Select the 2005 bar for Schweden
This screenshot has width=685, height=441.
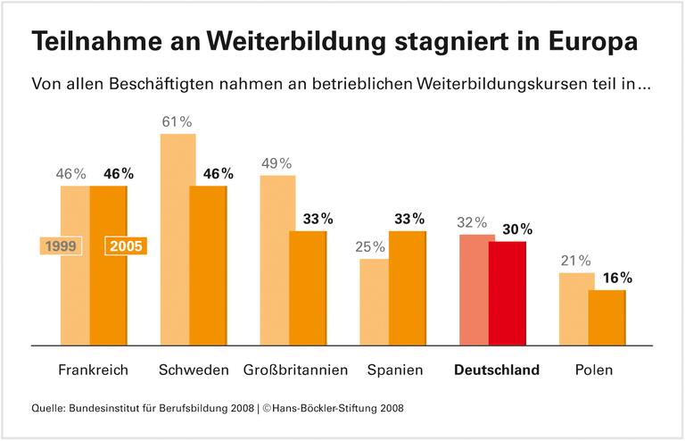pos(209,264)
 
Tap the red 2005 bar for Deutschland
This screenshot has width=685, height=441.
pos(508,292)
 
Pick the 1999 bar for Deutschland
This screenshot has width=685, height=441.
pos(476,288)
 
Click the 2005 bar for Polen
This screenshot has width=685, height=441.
pos(607,316)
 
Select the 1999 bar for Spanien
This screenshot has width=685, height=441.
pos(375,301)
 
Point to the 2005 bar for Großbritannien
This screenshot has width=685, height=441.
pos(309,287)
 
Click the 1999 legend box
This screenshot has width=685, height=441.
pos(62,245)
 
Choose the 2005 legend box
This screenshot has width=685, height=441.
pos(126,245)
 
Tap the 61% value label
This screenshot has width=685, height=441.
pos(177,121)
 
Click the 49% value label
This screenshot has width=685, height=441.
pos(276,162)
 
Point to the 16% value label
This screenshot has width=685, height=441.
pos(615,278)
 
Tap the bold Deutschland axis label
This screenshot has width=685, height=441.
pos(497,370)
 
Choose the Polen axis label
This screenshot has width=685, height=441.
pos(594,370)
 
